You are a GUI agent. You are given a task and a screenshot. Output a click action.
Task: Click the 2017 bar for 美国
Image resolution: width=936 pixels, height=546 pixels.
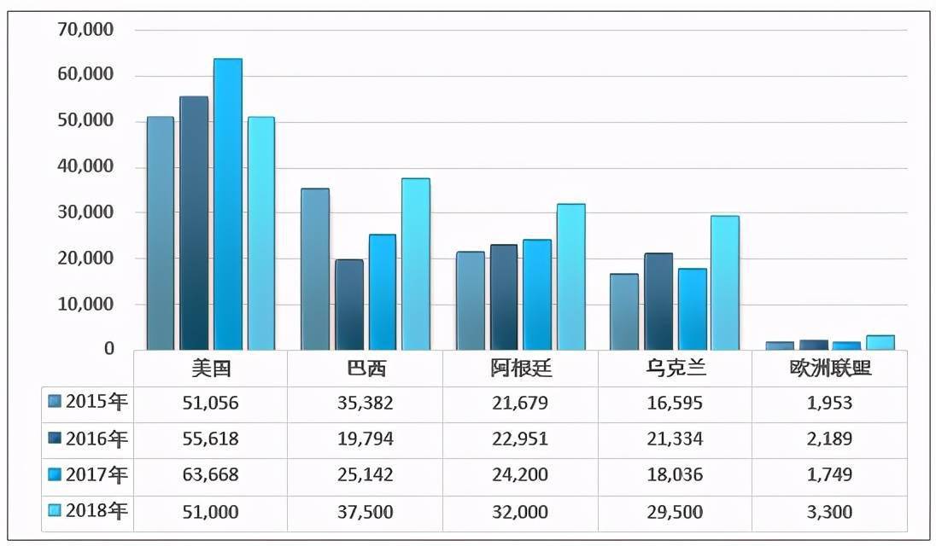(x=228, y=205)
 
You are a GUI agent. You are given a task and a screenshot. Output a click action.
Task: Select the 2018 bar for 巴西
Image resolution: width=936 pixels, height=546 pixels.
(x=416, y=264)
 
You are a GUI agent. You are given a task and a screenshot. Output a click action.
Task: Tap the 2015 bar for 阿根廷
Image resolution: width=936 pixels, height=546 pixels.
(x=470, y=301)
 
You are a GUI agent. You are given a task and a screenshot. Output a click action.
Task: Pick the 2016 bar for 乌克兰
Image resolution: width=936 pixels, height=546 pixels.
(x=658, y=302)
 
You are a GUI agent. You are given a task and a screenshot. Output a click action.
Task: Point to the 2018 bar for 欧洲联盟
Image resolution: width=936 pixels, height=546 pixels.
(x=880, y=343)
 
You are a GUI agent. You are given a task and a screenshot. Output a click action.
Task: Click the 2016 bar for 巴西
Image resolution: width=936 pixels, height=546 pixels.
(x=348, y=305)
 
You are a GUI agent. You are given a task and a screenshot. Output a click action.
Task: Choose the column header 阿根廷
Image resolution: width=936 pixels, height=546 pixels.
(x=521, y=369)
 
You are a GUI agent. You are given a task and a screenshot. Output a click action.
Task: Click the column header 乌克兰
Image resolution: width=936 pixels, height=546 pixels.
(x=675, y=369)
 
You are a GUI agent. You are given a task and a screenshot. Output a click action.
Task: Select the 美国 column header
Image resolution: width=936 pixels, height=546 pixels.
(x=211, y=369)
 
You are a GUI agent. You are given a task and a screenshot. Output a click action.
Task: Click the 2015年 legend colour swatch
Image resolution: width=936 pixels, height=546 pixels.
(x=55, y=403)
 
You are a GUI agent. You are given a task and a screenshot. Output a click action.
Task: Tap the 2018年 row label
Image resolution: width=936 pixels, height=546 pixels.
(x=97, y=511)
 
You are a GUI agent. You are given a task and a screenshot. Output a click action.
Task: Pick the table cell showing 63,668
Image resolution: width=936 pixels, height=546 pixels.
(x=211, y=475)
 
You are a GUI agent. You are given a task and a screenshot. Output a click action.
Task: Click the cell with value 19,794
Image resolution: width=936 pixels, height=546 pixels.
(x=365, y=439)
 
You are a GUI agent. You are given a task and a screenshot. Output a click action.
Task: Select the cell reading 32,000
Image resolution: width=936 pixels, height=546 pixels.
(x=519, y=511)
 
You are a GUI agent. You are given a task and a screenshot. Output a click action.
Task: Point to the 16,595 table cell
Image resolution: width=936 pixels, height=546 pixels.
(x=675, y=403)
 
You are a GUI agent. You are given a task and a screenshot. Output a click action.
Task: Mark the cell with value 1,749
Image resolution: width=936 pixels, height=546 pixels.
(x=828, y=475)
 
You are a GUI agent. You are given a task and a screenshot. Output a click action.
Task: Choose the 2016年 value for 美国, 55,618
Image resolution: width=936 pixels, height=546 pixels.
(x=211, y=439)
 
